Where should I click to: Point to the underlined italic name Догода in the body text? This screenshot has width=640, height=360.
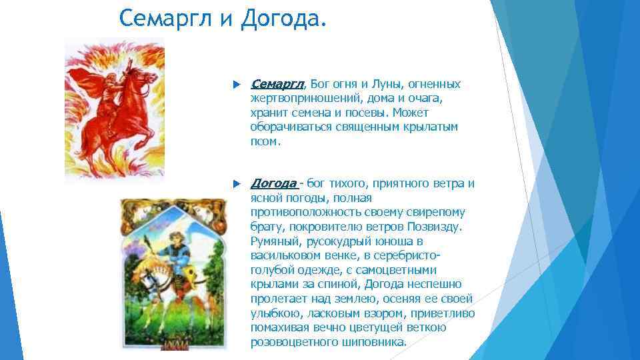point(273,183)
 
